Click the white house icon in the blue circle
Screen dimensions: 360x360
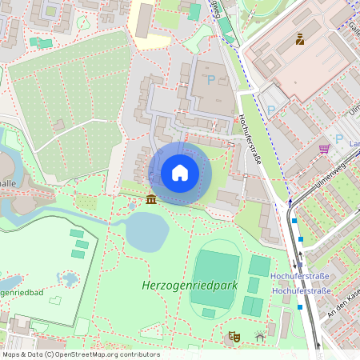coord(180,173)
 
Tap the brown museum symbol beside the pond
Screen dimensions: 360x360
coord(151,198)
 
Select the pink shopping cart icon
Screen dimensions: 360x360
coord(324,149)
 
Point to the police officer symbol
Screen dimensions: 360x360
coord(300,38)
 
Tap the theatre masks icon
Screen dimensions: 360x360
coord(234,337)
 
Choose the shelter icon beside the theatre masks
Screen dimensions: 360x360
coord(260,337)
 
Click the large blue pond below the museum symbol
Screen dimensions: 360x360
coord(146,231)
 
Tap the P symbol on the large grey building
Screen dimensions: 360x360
coord(211,80)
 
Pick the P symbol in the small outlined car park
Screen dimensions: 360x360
coord(270,110)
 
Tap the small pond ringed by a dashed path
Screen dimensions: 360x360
coord(69,279)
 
